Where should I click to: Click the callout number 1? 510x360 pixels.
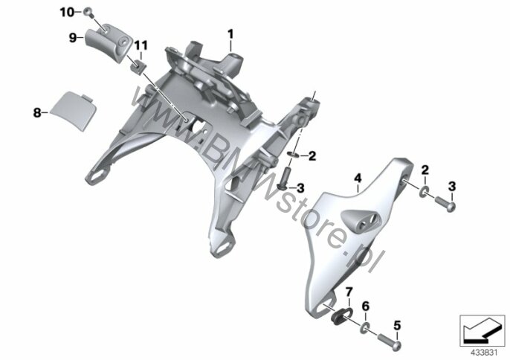pos(230,34)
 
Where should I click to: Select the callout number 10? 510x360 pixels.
pos(67,13)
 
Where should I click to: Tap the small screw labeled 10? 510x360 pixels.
pos(88,13)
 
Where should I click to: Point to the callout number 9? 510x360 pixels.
pos(73,38)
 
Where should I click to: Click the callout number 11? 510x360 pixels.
pos(141,45)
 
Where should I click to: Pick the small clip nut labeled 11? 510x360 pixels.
pos(139,67)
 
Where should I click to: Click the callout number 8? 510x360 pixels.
pos(37,113)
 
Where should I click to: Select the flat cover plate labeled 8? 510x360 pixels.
pos(72,110)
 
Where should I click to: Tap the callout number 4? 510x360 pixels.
pos(358,178)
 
